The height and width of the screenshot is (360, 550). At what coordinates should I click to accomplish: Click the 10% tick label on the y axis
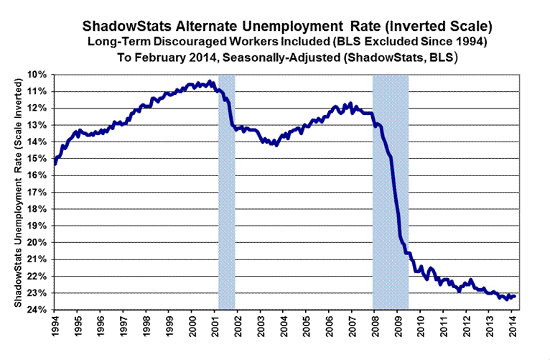[38, 75]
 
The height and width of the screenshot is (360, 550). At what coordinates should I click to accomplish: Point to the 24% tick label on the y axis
[38, 310]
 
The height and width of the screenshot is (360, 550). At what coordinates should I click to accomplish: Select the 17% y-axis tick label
[38, 193]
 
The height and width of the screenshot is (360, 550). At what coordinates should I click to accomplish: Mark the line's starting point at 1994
[55, 164]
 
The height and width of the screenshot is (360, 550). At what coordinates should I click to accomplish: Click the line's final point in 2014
[515, 296]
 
